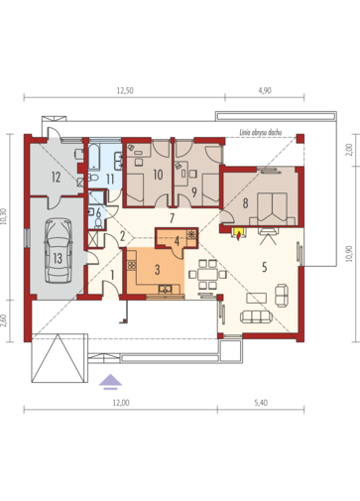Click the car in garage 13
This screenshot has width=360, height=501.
pos(59,250)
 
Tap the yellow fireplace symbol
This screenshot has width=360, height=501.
pos(238,233)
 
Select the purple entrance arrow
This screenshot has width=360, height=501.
pos(110,381)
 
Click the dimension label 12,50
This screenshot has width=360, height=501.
pos(125,90)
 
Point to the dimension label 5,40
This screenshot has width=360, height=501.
pos(261,403)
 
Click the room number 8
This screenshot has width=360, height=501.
pos(245,203)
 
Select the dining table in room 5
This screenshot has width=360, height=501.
pos(207,274)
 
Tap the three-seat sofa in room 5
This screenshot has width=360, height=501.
pos(256,316)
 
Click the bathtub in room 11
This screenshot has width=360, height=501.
pos(94,156)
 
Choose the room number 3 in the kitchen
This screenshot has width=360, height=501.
pos(158,270)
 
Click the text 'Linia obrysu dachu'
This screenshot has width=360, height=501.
pos(261,132)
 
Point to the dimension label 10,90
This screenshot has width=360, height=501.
pos(350,254)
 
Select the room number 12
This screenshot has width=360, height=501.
pos(56,178)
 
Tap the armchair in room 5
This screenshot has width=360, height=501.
pos(282,296)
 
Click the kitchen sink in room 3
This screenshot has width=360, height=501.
pos(165,289)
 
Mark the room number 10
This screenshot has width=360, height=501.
pos(158,175)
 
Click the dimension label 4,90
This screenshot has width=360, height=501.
pos(265,90)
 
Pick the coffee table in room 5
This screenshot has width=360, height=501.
pos(256,298)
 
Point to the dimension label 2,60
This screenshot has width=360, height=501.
pos(4,320)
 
